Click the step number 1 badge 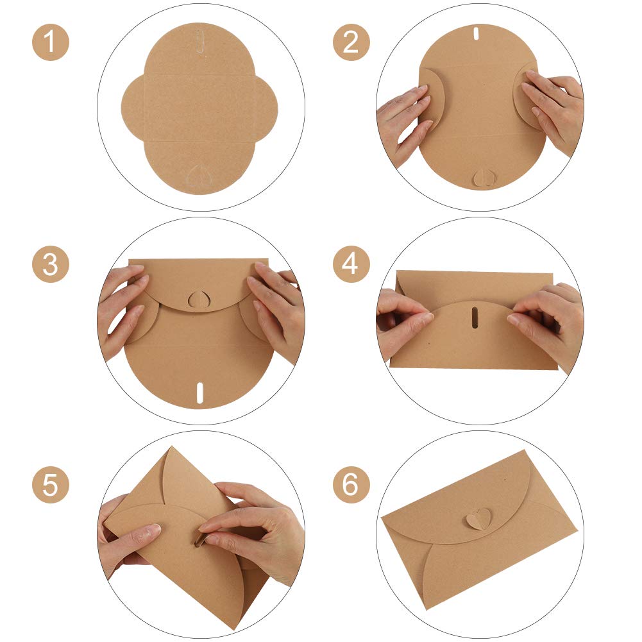pyautogui.click(x=51, y=42)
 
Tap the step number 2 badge pyautogui.click(x=351, y=42)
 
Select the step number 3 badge pyautogui.click(x=51, y=264)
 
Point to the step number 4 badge pyautogui.click(x=351, y=264)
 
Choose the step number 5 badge pyautogui.click(x=51, y=485)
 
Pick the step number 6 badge pyautogui.click(x=351, y=485)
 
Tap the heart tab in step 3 pyautogui.click(x=199, y=300)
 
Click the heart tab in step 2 pyautogui.click(x=484, y=178)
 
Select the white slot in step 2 pyautogui.click(x=477, y=33)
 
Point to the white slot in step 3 pyautogui.click(x=200, y=393)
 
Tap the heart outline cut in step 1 pyautogui.click(x=199, y=176)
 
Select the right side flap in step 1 pyautogui.click(x=267, y=108)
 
